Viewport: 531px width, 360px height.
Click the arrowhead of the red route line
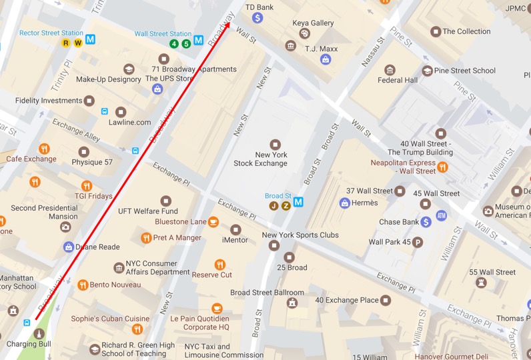pyautogui.click(x=229, y=24)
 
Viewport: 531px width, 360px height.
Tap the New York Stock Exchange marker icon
pyautogui.click(x=275, y=145)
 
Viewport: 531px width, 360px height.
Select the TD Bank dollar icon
pyautogui.click(x=257, y=18)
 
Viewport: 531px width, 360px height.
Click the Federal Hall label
pyautogui.click(x=398, y=80)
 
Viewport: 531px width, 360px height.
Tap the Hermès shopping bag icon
pyautogui.click(x=344, y=203)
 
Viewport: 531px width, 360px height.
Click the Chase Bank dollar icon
pyautogui.click(x=426, y=222)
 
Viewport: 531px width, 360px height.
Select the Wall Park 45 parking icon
pyautogui.click(x=418, y=241)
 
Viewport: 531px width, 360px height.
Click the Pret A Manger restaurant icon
pyautogui.click(x=146, y=238)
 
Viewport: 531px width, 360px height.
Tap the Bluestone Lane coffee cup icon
pyautogui.click(x=213, y=222)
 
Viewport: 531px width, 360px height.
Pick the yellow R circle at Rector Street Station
pyautogui.click(x=65, y=43)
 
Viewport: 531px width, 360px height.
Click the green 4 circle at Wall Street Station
pyautogui.click(x=174, y=44)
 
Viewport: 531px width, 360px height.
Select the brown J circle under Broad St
pyautogui.click(x=274, y=206)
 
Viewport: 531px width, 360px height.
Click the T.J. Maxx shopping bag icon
pyautogui.click(x=325, y=59)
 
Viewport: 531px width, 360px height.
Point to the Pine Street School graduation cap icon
pyautogui.click(x=427, y=71)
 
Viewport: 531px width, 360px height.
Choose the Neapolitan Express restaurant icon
pyautogui.click(x=442, y=171)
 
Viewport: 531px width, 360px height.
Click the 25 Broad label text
pyautogui.click(x=292, y=267)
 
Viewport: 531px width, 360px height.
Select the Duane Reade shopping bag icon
pyautogui.click(x=68, y=247)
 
